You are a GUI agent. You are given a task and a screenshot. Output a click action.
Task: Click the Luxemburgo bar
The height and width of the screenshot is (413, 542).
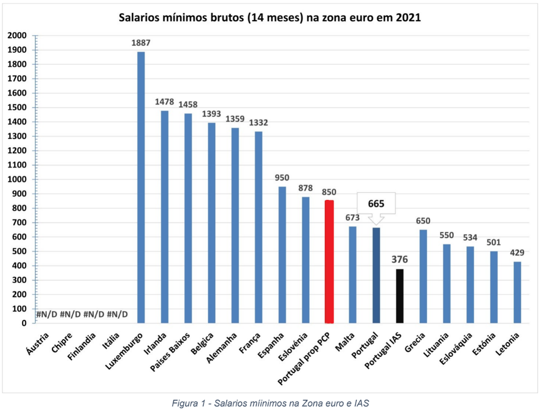click(x=141, y=187)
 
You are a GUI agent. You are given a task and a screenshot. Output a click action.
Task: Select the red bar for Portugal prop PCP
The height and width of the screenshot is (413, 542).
click(x=329, y=261)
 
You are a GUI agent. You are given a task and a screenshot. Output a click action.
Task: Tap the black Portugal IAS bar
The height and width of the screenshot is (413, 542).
click(x=400, y=296)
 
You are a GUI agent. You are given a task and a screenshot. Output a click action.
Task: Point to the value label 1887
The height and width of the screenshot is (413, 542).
click(x=141, y=43)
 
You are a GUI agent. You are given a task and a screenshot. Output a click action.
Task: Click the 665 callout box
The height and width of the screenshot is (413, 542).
click(x=376, y=203)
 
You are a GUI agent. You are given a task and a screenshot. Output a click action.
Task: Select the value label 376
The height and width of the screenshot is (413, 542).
click(x=400, y=259)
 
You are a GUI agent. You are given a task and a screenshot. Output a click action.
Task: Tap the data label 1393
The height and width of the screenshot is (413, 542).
click(x=212, y=114)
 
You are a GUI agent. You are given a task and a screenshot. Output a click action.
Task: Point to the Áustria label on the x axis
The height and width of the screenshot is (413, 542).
click(x=37, y=344)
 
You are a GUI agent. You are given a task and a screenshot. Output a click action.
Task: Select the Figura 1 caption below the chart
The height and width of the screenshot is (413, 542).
click(x=270, y=403)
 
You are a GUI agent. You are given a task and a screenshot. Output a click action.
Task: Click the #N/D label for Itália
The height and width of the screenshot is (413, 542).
click(x=117, y=315)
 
